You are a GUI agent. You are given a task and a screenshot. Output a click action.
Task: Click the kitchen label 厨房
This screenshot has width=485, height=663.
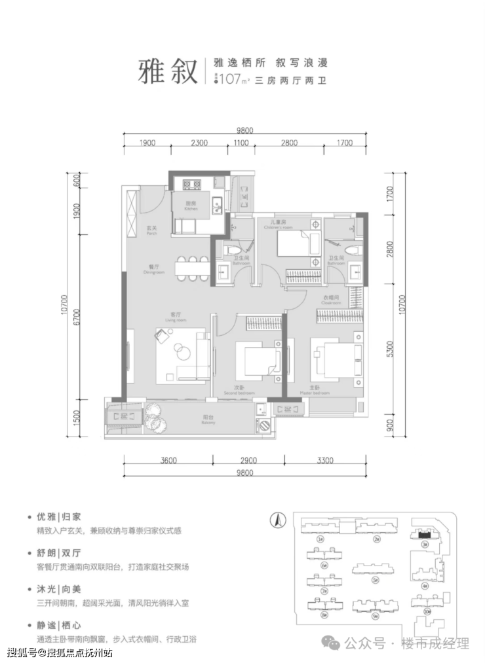[191, 204]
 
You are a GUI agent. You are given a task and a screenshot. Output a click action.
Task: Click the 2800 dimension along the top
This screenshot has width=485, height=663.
[288, 143]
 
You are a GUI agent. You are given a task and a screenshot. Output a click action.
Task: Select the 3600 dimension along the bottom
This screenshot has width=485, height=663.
[168, 460]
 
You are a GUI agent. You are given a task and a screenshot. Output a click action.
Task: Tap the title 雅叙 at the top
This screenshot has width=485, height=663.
[168, 71]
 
